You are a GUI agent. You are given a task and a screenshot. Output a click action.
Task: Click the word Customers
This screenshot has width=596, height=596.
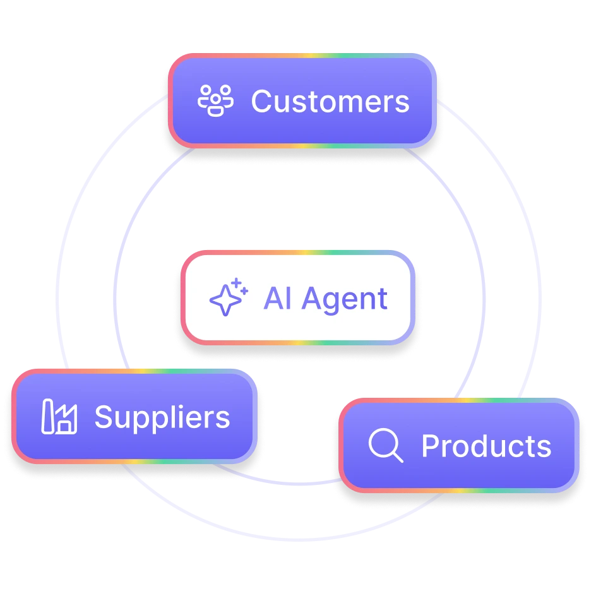coord(330,102)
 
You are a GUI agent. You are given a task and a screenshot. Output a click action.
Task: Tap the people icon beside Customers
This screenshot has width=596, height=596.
coord(216,101)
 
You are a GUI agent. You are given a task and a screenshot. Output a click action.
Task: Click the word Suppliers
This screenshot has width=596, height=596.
coord(162,417)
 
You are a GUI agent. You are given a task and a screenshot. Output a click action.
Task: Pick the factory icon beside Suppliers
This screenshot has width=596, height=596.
coord(59,417)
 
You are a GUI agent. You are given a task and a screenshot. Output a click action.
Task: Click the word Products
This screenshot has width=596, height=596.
coord(486,446)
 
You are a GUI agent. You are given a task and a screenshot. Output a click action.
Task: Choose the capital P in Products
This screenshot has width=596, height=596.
coord(430,446)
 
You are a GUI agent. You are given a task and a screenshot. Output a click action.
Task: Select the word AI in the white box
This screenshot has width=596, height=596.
coord(277,299)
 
